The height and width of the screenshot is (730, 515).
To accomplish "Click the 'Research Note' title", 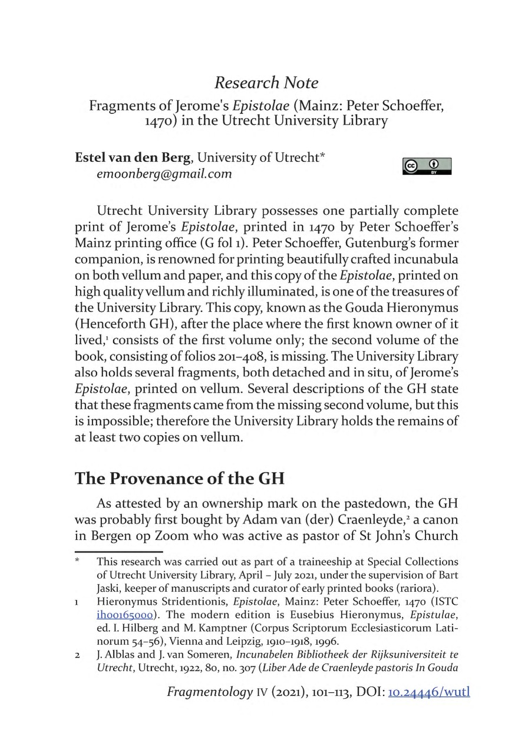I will tap(266, 82).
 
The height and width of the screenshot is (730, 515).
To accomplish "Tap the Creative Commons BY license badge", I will tap(427, 166).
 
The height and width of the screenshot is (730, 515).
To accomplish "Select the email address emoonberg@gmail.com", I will tap(164, 174).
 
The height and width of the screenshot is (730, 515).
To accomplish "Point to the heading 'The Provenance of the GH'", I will tap(179, 478).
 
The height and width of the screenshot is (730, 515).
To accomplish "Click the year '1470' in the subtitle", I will tap(159, 122).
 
